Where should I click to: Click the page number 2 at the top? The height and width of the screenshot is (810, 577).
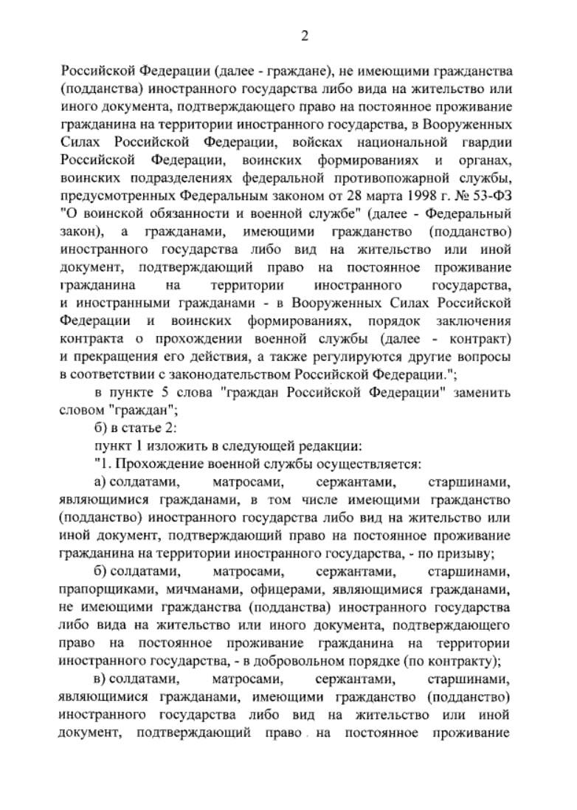pos(304,35)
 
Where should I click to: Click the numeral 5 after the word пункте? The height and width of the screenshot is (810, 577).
pos(167,392)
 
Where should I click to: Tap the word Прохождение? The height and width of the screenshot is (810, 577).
pos(152,464)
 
